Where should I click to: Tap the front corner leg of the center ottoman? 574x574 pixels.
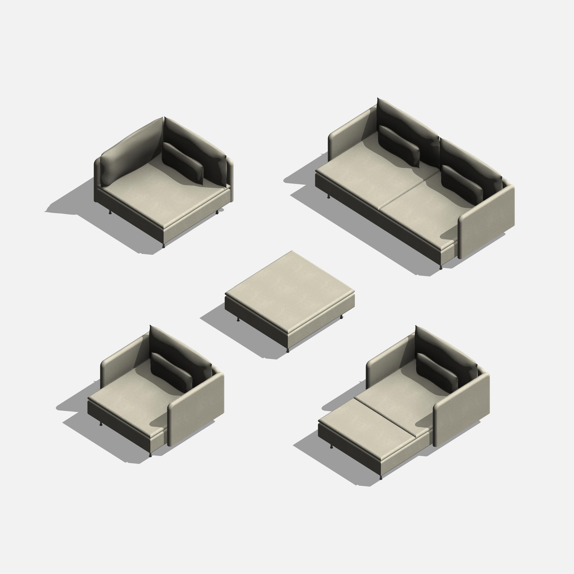(288, 351)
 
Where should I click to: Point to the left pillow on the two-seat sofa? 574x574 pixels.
(399, 145)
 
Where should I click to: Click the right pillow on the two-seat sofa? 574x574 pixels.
(461, 182)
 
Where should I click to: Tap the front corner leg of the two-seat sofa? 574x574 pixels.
(441, 267)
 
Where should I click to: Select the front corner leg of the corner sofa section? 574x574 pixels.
(163, 246)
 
